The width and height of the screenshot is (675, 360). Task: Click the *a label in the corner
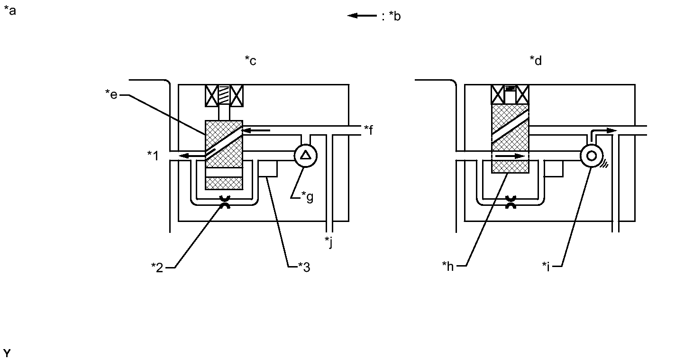[10, 11]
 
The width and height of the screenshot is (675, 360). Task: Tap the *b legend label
[395, 16]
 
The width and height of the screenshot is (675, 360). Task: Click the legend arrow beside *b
[362, 15]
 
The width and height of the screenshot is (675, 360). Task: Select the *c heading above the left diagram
[250, 61]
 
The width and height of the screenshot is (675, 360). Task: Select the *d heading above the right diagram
[536, 61]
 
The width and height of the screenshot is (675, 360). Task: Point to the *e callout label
[111, 94]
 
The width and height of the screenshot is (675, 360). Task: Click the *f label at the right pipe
[368, 130]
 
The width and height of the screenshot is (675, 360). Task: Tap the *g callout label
[308, 197]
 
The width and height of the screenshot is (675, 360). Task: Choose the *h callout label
[448, 266]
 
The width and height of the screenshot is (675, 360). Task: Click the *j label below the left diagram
[328, 242]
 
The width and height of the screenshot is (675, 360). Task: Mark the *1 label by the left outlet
[153, 156]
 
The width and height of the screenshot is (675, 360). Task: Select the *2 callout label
[157, 268]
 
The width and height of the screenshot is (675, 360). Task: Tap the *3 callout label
[304, 267]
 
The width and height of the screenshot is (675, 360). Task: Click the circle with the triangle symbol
[306, 156]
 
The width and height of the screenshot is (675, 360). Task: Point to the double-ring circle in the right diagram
[592, 156]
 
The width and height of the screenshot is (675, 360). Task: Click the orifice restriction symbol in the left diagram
[225, 202]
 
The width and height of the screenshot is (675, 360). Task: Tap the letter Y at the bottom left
[7, 353]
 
